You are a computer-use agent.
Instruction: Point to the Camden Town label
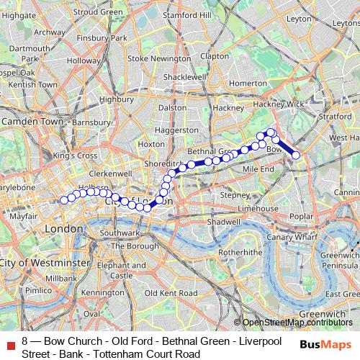(32, 122)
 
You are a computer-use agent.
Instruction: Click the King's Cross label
(74, 155)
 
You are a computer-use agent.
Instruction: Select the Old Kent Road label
(171, 294)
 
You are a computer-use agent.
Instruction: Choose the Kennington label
(103, 293)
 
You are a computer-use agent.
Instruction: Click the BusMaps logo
(325, 344)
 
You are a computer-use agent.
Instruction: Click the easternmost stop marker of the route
(295, 155)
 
